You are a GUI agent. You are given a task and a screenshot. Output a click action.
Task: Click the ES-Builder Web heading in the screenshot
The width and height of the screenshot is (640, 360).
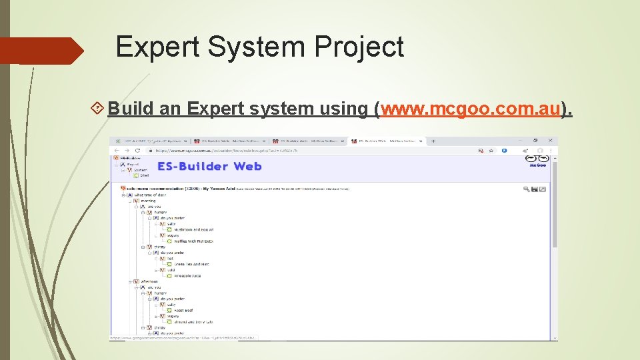(x=209, y=166)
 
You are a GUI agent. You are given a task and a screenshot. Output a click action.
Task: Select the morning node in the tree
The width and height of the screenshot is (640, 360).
(x=147, y=201)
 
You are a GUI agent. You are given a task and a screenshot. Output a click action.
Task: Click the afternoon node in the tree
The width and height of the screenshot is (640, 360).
(x=149, y=281)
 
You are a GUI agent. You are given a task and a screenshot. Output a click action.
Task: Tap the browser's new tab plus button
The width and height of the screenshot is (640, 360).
(x=433, y=141)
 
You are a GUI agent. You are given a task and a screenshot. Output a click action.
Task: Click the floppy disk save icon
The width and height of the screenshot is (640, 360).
(x=535, y=189)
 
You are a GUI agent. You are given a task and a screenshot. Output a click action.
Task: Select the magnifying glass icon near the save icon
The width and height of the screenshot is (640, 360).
(x=527, y=189)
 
